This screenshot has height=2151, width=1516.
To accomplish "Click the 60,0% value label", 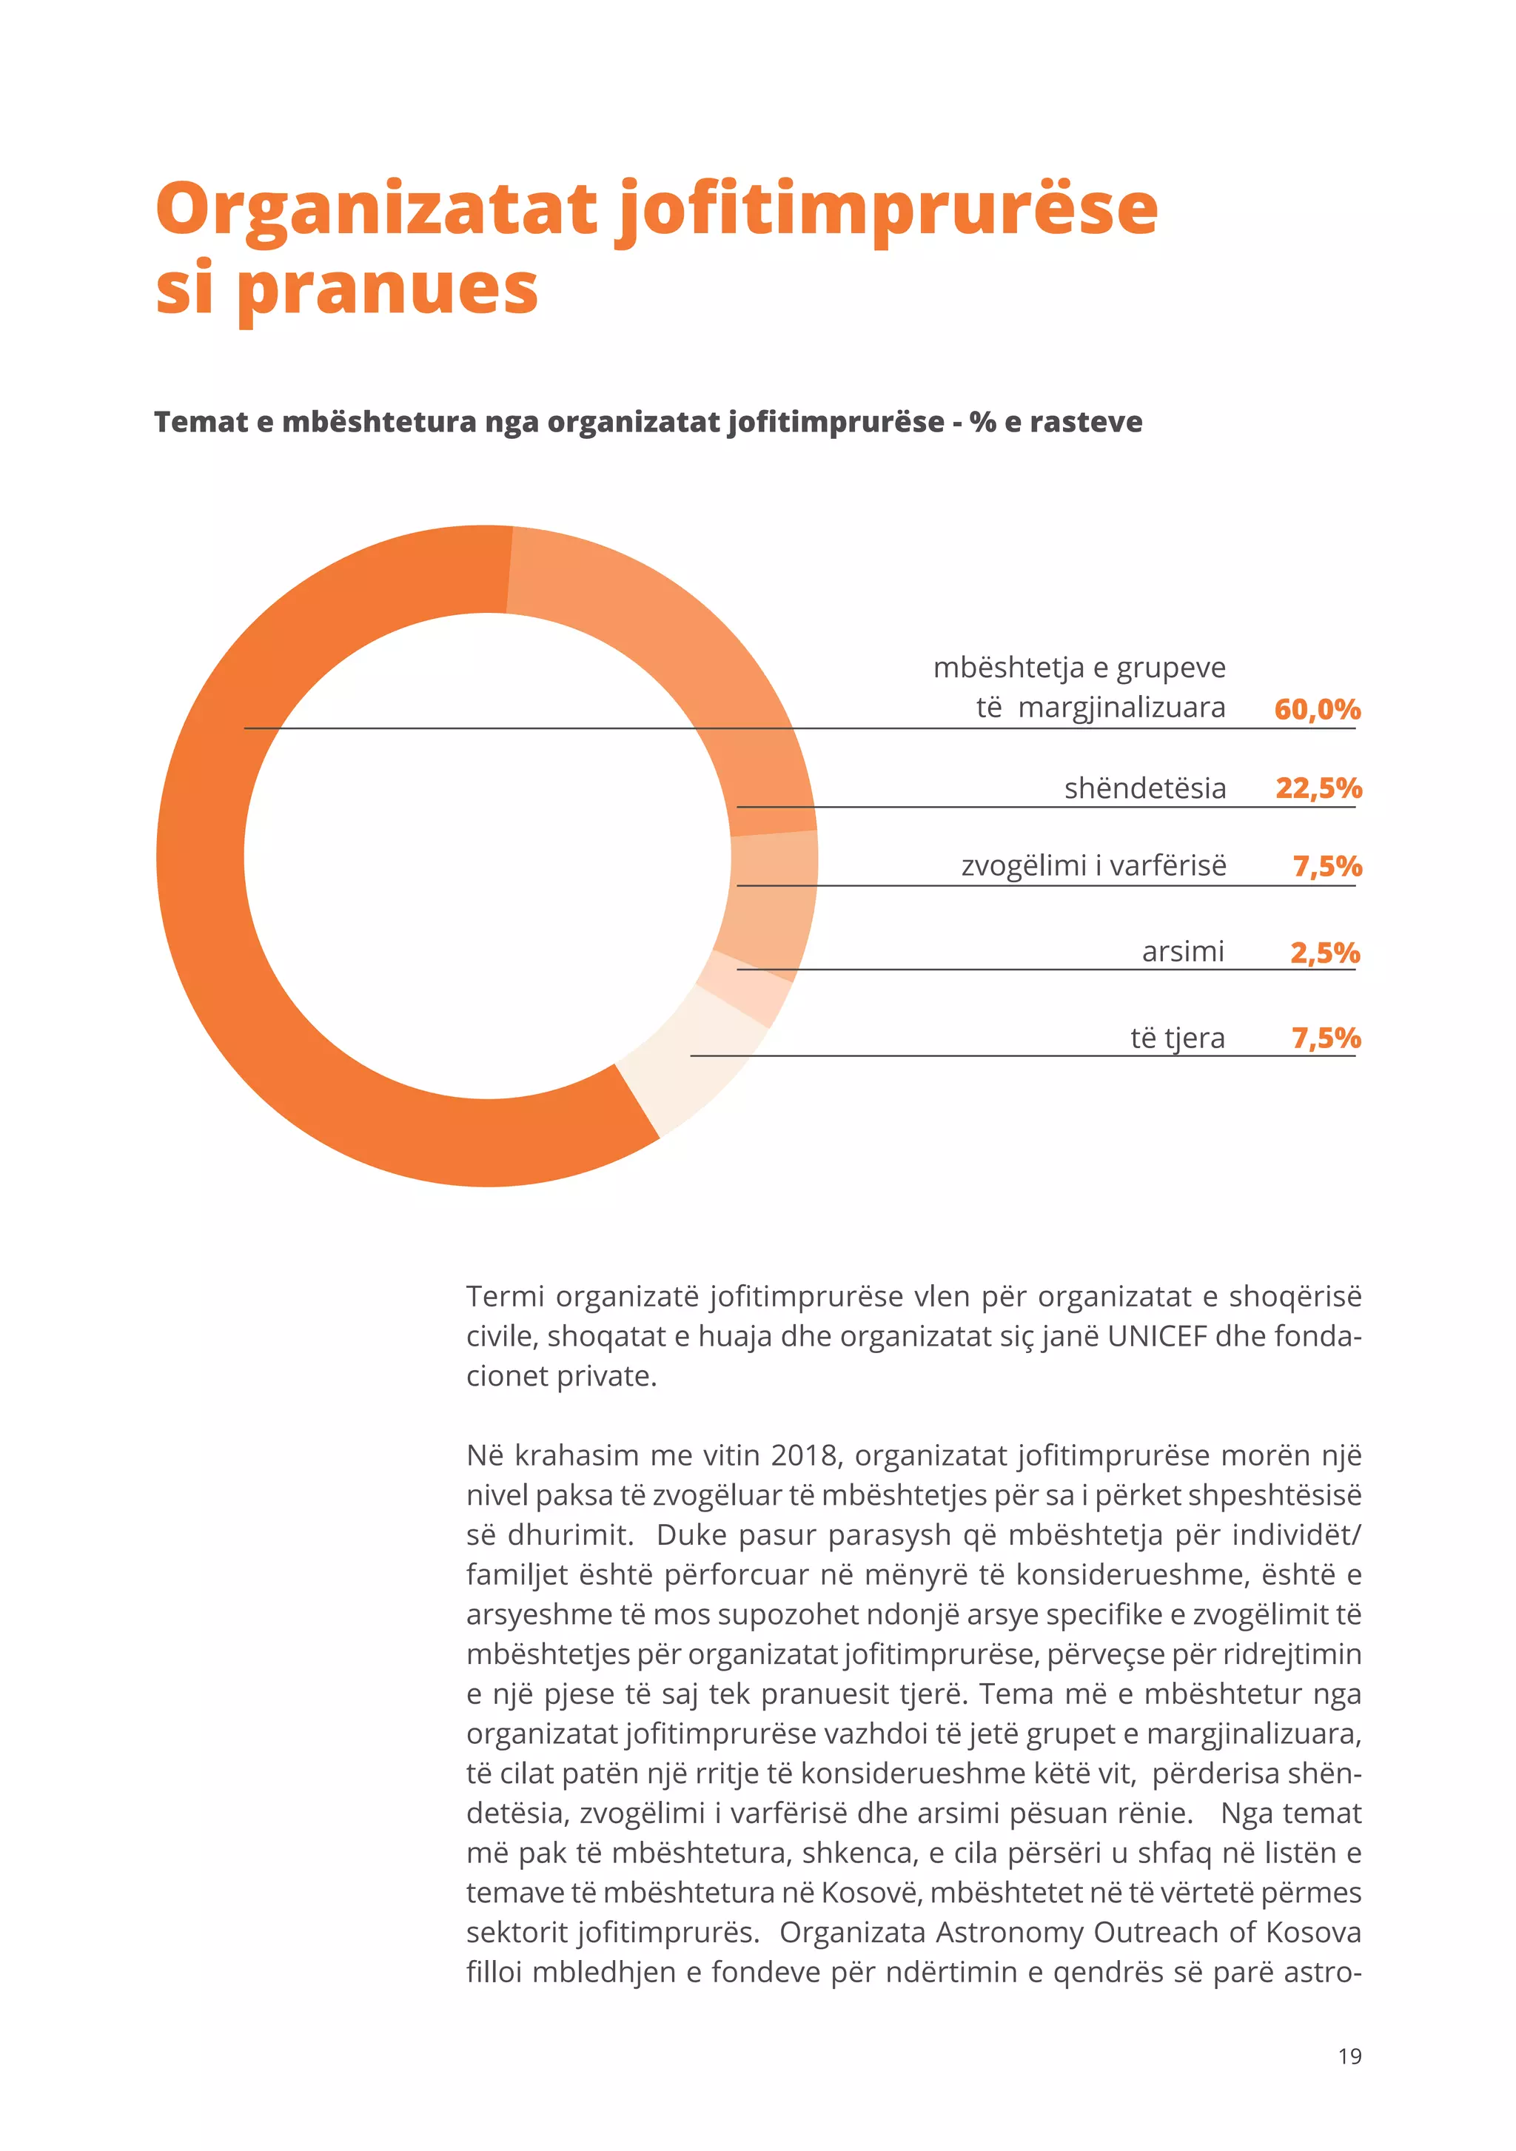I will point(1316,709).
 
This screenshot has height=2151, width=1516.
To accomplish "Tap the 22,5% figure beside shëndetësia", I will point(1318,788).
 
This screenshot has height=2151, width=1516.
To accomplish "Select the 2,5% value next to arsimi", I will point(1324,953).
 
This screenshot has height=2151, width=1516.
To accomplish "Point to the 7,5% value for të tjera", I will point(1325,1038).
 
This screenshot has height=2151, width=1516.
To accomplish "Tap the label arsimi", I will point(1182,952).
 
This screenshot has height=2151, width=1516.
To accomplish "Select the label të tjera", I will point(1177,1038).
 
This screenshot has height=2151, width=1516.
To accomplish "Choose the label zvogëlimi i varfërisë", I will point(1093,865).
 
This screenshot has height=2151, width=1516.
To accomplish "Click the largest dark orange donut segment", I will point(215,937).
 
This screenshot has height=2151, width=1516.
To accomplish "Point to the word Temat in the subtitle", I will point(201,423).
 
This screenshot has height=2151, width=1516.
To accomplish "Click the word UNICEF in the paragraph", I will point(1157,1335).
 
